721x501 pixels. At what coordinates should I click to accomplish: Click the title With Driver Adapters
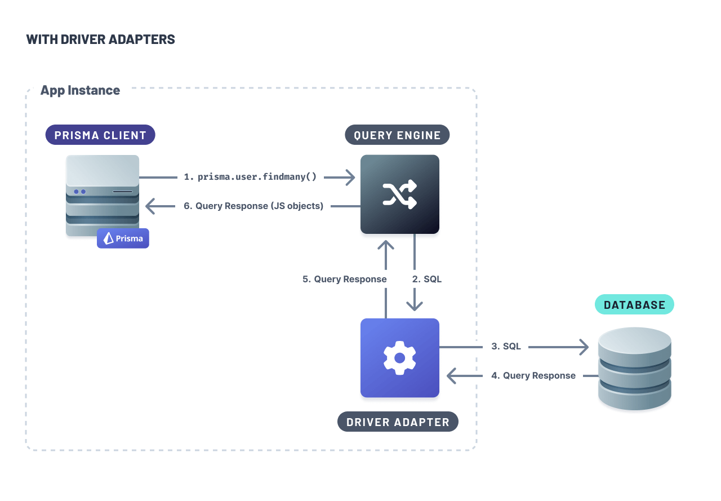[100, 39]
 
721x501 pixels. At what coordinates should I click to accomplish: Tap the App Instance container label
[80, 90]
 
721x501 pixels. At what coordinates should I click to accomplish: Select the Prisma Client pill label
[100, 135]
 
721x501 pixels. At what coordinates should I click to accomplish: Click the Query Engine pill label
[397, 135]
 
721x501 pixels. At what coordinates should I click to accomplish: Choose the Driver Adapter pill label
[398, 422]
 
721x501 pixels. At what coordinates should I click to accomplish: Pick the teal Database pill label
[634, 305]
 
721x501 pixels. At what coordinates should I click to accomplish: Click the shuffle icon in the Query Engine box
[400, 194]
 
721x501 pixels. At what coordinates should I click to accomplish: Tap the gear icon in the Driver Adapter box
[400, 358]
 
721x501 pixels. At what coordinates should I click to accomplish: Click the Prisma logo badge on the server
[123, 238]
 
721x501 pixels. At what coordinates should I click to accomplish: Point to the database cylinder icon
[635, 369]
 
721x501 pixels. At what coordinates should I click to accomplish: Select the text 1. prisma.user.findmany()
[250, 177]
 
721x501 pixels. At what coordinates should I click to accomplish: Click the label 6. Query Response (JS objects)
[253, 206]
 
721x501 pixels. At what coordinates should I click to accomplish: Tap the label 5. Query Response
[344, 279]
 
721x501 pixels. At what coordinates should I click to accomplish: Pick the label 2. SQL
[427, 279]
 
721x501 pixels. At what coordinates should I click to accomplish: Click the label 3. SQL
[506, 347]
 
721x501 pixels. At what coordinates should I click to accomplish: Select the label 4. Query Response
[533, 375]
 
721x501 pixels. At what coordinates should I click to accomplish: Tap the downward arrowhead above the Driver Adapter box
[415, 305]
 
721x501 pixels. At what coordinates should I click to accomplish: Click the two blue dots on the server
[79, 192]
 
